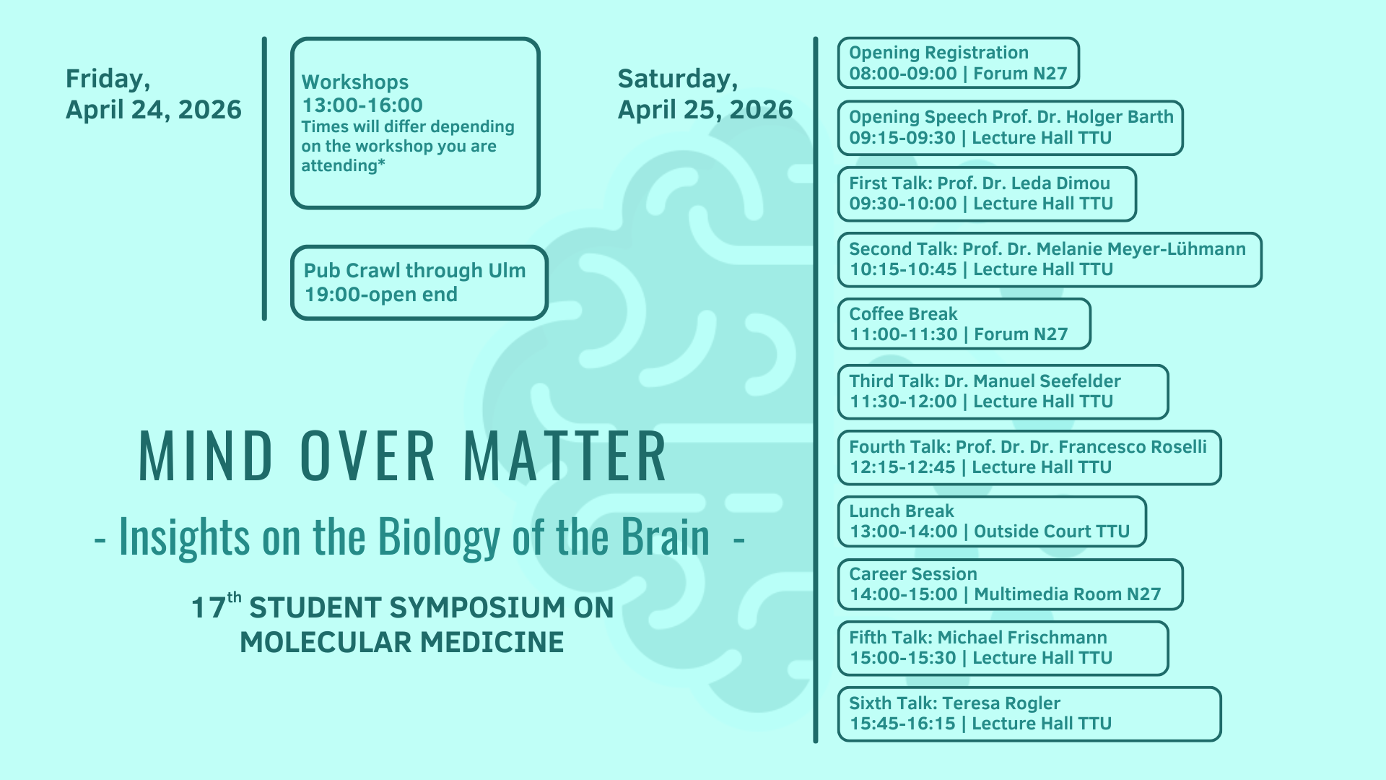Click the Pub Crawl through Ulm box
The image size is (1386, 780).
point(419,282)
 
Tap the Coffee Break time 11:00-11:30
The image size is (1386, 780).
point(903,334)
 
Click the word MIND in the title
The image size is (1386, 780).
point(206,456)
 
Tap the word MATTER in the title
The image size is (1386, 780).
point(565,456)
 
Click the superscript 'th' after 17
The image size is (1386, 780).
point(234,597)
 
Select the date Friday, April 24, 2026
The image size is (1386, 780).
point(154,94)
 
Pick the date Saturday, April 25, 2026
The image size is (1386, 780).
point(705,94)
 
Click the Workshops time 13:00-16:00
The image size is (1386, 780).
point(362,105)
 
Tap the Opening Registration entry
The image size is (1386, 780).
point(958,63)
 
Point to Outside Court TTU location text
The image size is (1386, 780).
point(1052,532)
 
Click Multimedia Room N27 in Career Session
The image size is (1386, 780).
point(1068,594)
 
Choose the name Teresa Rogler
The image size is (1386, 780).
point(1001,703)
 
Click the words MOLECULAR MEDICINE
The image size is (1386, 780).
point(402,642)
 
